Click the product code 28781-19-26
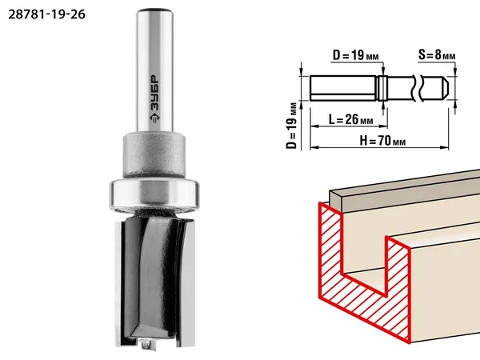pos(46,14)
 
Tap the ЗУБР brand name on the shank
pos(155,93)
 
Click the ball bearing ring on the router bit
pos(154,196)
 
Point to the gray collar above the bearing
pos(154,154)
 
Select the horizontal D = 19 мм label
pos(356,55)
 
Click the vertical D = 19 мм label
pos(292,126)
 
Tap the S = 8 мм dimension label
pos(437,54)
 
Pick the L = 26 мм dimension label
pos(351,119)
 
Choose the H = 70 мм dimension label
pos(382,141)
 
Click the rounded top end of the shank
pos(155,12)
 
